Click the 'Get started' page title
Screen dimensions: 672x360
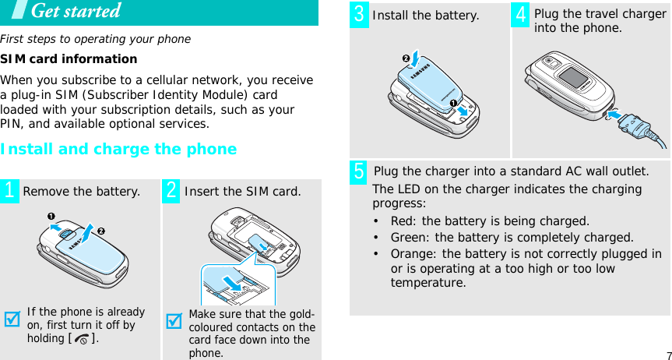click(x=75, y=12)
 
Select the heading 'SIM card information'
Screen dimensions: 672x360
click(x=69, y=59)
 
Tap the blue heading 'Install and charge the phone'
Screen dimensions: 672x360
click(x=118, y=149)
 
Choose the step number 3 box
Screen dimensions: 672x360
click(x=360, y=14)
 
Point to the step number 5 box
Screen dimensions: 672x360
click(x=360, y=171)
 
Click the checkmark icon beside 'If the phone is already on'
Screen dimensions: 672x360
click(x=12, y=321)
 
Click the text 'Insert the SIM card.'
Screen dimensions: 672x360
click(x=242, y=192)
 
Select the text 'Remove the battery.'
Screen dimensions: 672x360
click(x=82, y=192)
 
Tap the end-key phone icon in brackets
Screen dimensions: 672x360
click(x=83, y=339)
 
